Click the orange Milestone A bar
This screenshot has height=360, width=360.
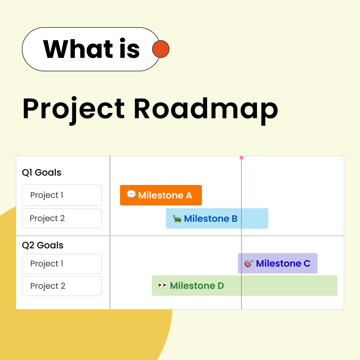pyautogui.click(x=161, y=195)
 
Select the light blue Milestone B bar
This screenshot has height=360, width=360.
pyautogui.click(x=217, y=218)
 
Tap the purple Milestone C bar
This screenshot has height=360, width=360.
pyautogui.click(x=278, y=263)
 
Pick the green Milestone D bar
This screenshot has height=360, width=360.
pyautogui.click(x=244, y=286)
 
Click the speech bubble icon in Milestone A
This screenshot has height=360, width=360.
pyautogui.click(x=131, y=194)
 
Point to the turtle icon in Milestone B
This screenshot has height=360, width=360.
pyautogui.click(x=177, y=219)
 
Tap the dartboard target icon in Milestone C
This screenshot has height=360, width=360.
pyautogui.click(x=249, y=263)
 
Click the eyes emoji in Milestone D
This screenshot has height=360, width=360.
pyautogui.click(x=163, y=285)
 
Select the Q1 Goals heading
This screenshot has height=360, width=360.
pyautogui.click(x=42, y=173)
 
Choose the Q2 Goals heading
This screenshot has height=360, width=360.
pyautogui.click(x=43, y=245)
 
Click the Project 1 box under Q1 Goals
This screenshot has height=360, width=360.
pyautogui.click(x=62, y=195)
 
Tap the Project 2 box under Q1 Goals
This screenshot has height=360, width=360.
pyautogui.click(x=62, y=218)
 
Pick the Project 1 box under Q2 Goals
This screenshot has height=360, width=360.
pyautogui.click(x=62, y=264)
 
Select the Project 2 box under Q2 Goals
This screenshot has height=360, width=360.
pyautogui.click(x=62, y=286)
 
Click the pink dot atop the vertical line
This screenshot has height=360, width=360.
pyautogui.click(x=241, y=158)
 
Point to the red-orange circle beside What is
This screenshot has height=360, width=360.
pyautogui.click(x=161, y=49)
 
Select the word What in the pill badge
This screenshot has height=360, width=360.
pyautogui.click(x=78, y=49)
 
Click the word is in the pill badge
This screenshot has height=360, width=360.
pyautogui.click(x=129, y=49)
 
